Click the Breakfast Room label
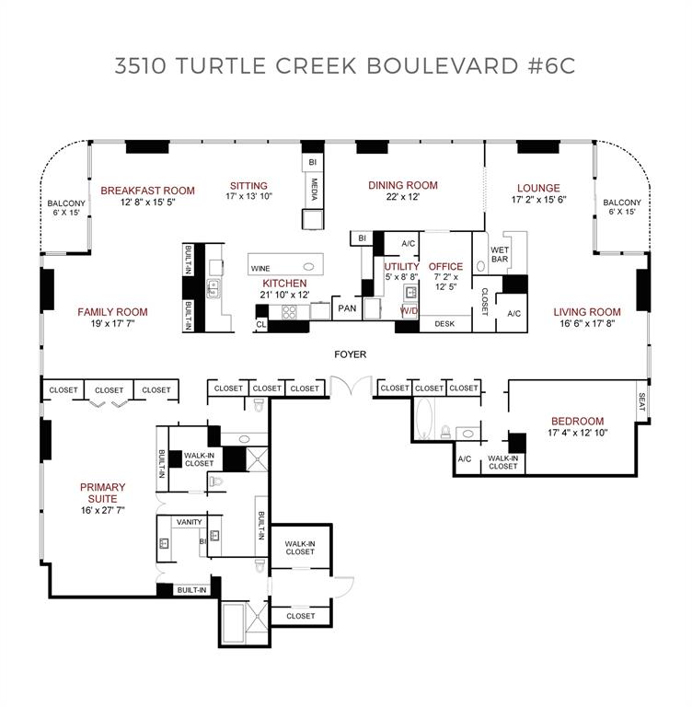pos(147,191)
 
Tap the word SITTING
pos(248,186)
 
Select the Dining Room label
pos(402,185)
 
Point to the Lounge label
pos(538,189)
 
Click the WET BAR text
pos(500,254)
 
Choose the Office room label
pos(445,267)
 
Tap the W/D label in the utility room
pos(408,312)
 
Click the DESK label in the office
pos(444,324)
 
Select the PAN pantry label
pos(346,308)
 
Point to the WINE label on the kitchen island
pos(260,268)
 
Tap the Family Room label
pos(112,312)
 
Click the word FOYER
pos(350,353)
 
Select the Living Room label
pos(588,312)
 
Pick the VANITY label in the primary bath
pos(190,522)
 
